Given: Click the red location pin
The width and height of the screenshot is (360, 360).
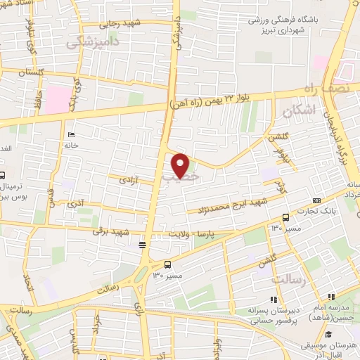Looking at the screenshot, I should pyautogui.click(x=181, y=165).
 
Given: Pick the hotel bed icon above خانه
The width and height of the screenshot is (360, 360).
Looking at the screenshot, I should pyautogui.click(x=70, y=134).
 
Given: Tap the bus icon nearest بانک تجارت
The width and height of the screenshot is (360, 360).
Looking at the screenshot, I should pyautogui.click(x=284, y=217).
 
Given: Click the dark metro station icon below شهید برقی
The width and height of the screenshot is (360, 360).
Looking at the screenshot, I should pyautogui.click(x=143, y=245).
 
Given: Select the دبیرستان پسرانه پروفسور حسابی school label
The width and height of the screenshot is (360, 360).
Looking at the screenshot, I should pyautogui.click(x=274, y=314).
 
